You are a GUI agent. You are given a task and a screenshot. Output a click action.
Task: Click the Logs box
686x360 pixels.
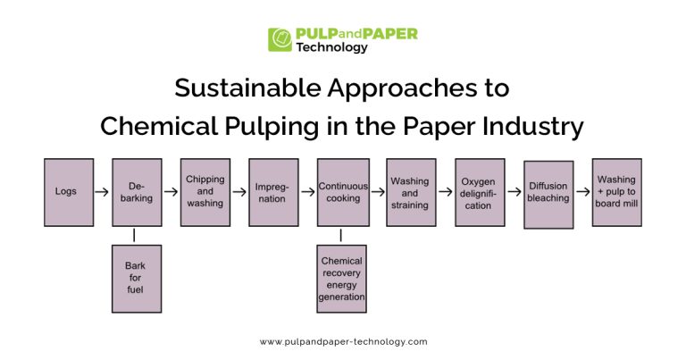(69, 192)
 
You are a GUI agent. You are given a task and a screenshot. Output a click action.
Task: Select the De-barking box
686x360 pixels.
(137, 192)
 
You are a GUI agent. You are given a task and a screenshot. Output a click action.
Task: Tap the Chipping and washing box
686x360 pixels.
(205, 192)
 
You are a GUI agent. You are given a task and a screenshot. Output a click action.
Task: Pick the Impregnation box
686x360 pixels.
(273, 192)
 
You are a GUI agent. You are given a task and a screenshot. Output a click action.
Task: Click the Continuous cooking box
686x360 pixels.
(342, 192)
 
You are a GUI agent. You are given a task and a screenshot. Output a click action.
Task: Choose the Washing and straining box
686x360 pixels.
(411, 192)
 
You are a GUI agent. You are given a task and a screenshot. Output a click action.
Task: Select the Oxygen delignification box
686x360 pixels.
(480, 192)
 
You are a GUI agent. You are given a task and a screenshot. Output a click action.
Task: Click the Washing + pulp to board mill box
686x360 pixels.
(616, 191)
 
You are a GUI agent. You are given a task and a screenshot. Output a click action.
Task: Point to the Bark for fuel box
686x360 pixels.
(137, 278)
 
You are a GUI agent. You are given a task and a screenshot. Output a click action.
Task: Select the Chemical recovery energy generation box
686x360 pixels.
(342, 278)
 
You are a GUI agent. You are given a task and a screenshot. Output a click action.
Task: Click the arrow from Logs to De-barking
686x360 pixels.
(103, 192)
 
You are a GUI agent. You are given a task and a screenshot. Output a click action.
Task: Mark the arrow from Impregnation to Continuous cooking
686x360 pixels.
(308, 192)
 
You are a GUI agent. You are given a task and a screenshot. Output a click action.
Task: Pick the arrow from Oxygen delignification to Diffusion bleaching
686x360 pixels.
(514, 192)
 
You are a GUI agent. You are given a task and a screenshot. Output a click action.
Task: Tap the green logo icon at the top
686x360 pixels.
(280, 40)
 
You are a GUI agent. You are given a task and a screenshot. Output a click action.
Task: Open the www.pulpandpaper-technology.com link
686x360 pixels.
(343, 341)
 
